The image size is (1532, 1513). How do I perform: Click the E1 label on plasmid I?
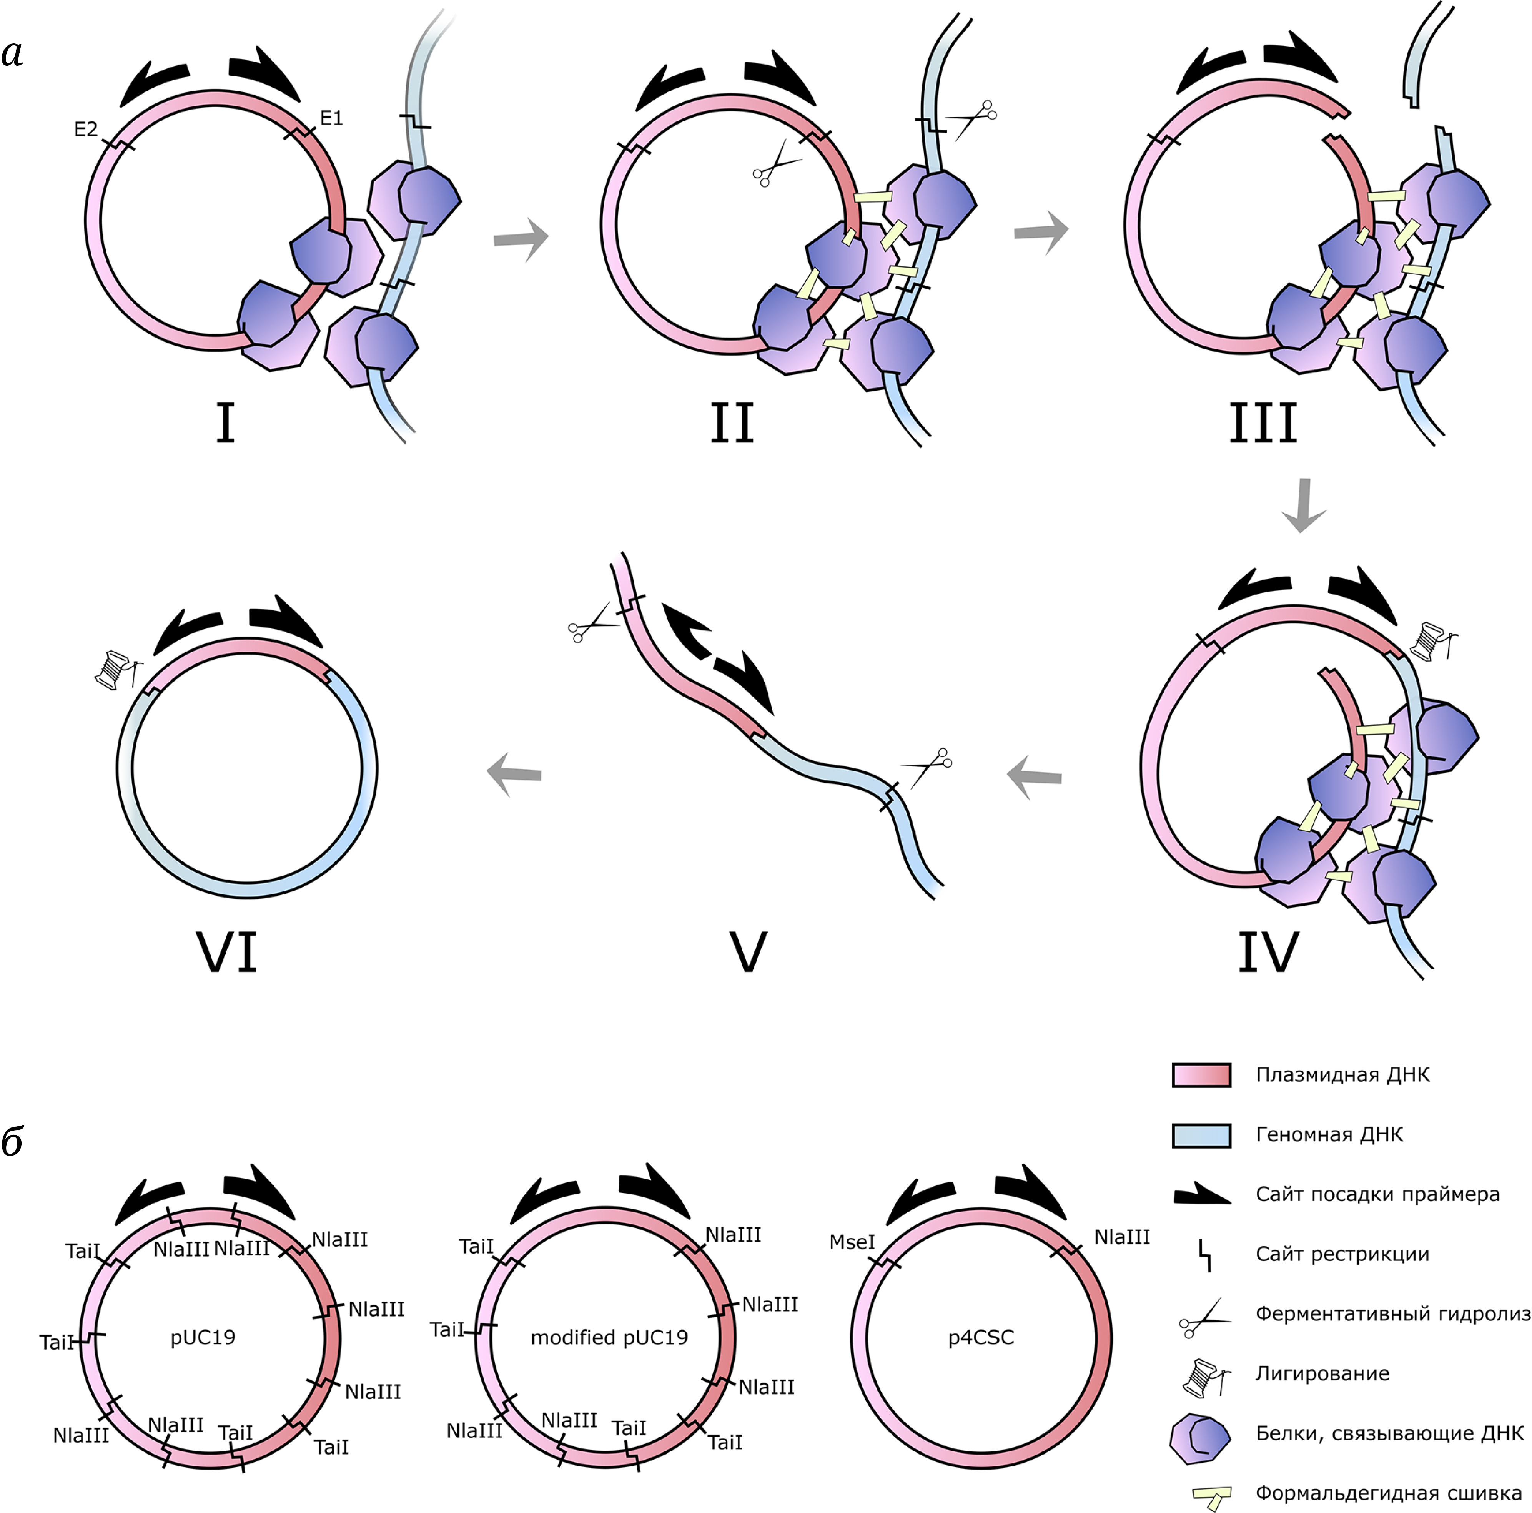coord(331,118)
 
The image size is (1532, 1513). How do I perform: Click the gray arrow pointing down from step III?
coord(1303,504)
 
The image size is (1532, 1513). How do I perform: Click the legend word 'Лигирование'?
coord(1322,1373)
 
